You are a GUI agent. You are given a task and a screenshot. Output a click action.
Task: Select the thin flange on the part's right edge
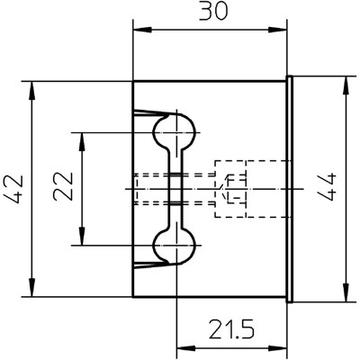click(x=289, y=189)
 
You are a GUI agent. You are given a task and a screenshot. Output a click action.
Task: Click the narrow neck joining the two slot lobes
click(x=175, y=189)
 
